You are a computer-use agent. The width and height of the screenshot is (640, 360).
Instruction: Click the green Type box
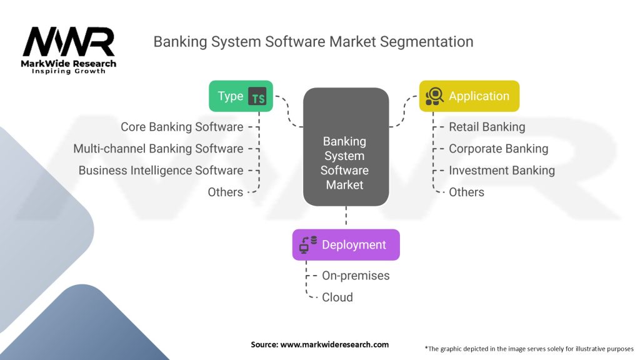241,96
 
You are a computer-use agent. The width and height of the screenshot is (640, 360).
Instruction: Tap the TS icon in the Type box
257,96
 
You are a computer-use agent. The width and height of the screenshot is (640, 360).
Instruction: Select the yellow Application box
469,96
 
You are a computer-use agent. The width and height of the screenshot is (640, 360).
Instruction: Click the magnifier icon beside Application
434,96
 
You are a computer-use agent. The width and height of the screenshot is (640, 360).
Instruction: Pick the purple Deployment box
346,245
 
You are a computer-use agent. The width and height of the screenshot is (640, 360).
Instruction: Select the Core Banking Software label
182,127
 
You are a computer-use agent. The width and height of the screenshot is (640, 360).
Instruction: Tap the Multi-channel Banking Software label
158,149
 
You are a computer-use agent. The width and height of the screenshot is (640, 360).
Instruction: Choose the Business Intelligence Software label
161,170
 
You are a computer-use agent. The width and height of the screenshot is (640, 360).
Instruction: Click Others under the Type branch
225,192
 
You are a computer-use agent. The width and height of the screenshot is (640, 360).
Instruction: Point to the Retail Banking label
487,127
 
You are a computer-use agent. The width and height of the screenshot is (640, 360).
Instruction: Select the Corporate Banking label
498,149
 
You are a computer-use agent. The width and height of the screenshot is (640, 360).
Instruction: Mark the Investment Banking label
501,170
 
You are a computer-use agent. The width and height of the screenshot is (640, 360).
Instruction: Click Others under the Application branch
466,192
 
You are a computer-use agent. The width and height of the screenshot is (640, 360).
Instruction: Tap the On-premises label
356,276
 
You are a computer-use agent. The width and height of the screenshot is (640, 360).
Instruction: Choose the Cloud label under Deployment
337,297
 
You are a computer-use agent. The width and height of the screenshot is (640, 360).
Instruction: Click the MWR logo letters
69,42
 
